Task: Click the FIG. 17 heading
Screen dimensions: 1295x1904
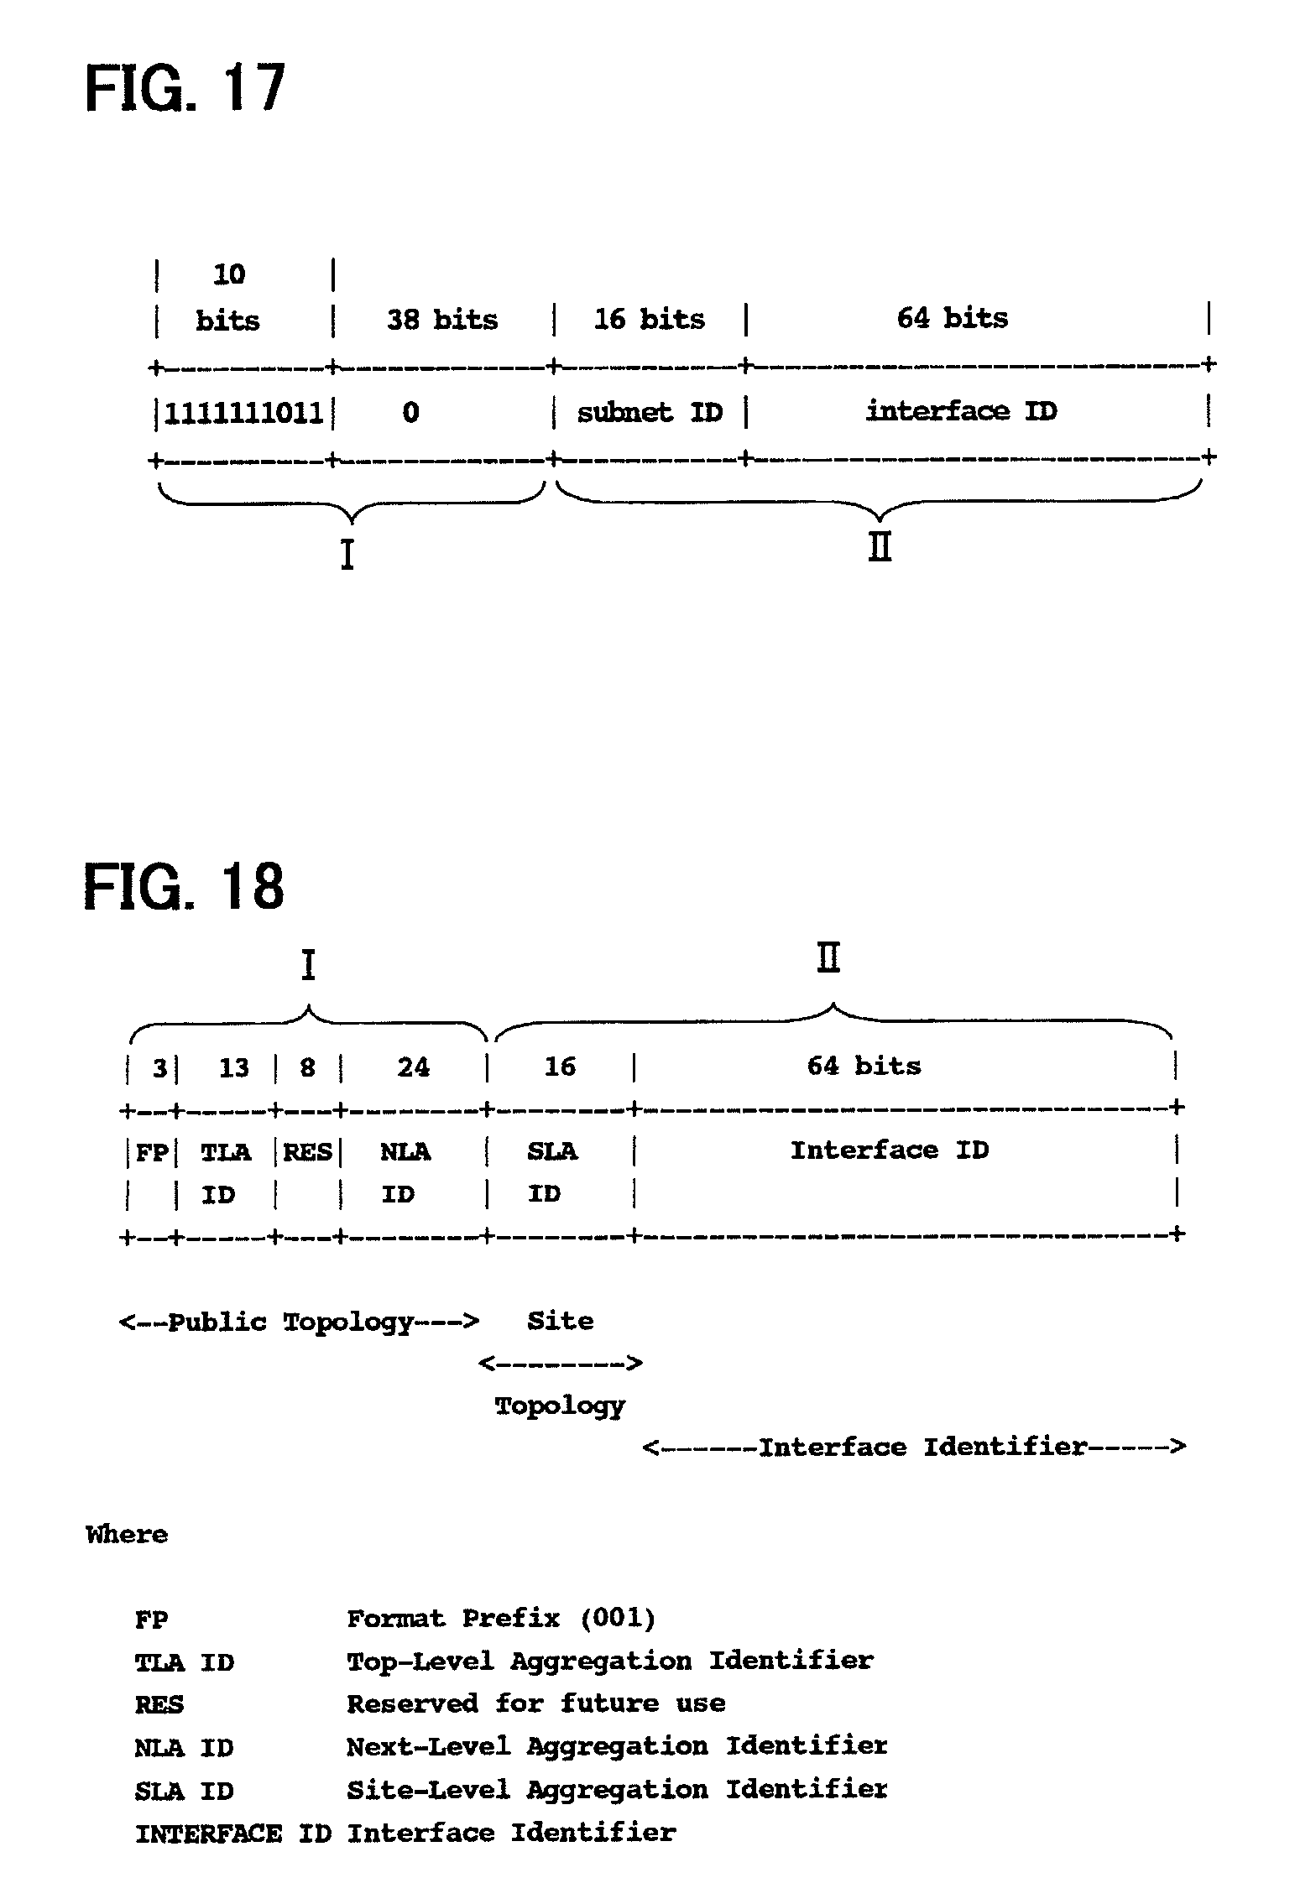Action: [x=185, y=88]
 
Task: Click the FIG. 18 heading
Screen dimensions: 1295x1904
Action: [x=185, y=886]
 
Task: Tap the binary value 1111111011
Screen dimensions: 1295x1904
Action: [x=243, y=413]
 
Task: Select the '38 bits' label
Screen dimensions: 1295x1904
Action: [x=442, y=320]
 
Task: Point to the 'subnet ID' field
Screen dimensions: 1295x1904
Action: [x=650, y=412]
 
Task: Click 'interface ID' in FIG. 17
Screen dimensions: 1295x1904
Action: [x=962, y=411]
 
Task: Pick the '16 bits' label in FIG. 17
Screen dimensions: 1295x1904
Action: [x=650, y=319]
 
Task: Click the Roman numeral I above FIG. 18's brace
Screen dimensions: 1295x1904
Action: [x=308, y=965]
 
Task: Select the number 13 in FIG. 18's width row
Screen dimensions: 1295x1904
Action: [x=234, y=1067]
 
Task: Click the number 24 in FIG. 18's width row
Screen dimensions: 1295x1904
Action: [x=413, y=1067]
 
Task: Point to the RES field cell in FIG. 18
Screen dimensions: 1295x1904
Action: [x=307, y=1151]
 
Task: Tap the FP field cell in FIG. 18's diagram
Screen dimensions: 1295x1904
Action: [x=152, y=1152]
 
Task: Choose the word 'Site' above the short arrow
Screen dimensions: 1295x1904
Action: [x=560, y=1321]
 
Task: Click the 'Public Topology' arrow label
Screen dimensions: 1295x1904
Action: [x=299, y=1322]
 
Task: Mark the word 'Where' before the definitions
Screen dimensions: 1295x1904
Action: [x=127, y=1534]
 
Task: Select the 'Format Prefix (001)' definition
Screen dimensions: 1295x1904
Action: [x=501, y=1617]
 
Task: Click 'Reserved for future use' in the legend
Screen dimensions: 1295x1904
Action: [x=536, y=1703]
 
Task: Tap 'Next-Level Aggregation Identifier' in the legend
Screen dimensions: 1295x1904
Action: [x=617, y=1746]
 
